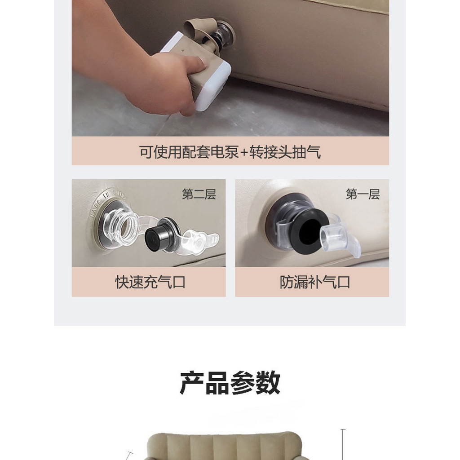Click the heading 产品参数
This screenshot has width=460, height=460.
[x=230, y=383]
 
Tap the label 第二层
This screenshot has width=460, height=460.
[x=199, y=194]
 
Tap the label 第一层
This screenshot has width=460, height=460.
[x=363, y=194]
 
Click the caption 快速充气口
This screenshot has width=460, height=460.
[x=150, y=282]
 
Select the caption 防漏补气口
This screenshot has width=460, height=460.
[x=315, y=282]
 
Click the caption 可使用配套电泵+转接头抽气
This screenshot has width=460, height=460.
[x=230, y=152]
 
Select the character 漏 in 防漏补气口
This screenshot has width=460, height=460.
[x=301, y=282]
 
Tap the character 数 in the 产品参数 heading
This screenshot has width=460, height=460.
[x=268, y=383]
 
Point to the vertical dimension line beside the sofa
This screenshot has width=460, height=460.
[x=343, y=444]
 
